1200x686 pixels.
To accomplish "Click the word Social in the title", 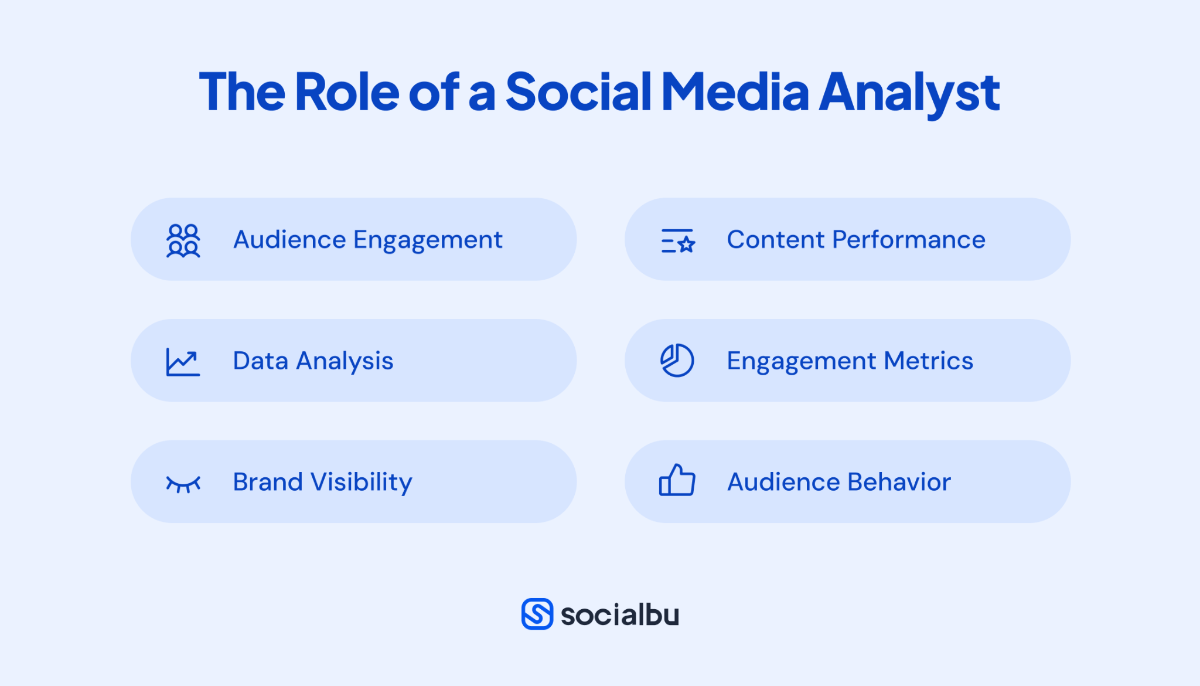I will pos(578,92).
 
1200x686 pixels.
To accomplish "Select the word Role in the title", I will pos(347,92).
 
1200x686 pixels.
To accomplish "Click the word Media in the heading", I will pos(735,92).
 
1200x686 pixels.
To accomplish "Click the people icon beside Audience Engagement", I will pos(183,240).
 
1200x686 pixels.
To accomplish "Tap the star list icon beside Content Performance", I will pos(677,241).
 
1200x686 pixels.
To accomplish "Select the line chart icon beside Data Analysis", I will pos(183,362).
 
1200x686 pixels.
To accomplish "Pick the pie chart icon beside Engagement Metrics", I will pos(677,360).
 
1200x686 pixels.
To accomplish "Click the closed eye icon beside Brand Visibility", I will pos(183,484).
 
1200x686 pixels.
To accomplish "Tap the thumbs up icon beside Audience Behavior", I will pos(677,481).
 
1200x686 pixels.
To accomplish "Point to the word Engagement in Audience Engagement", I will pos(428,240).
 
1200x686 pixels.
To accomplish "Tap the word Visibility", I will pos(362,483).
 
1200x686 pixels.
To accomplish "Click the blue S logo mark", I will pos(537,614).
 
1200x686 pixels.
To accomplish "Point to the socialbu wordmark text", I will pos(620,614).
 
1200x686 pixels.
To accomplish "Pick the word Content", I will pos(776,240).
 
